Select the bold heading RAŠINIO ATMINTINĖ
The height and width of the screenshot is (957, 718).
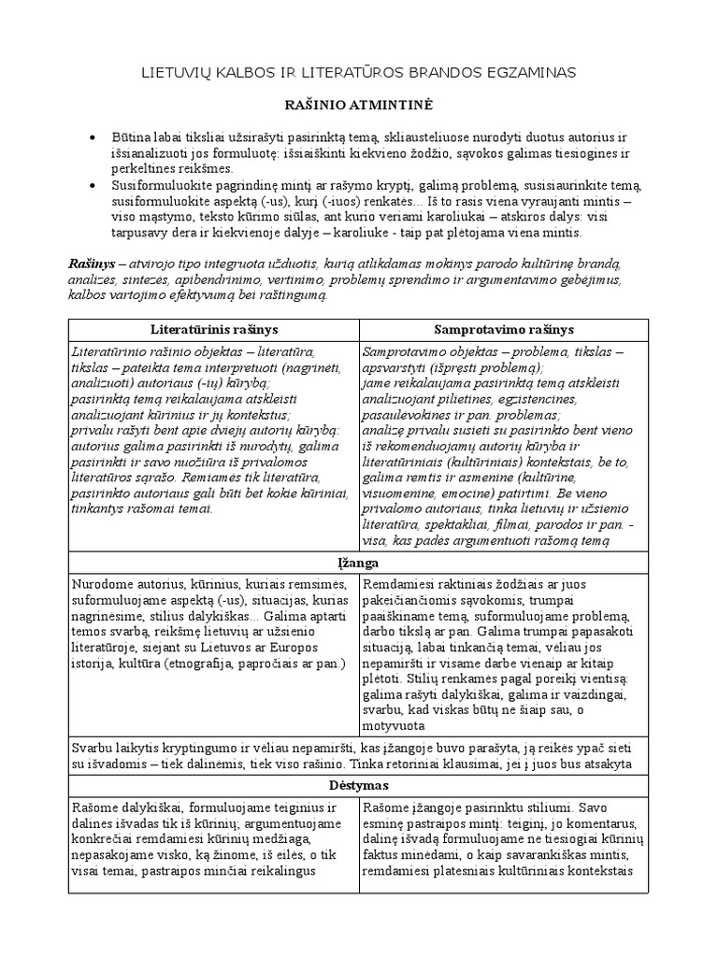click(358, 106)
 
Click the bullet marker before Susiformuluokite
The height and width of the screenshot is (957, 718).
click(91, 186)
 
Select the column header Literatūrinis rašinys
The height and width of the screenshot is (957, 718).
click(214, 331)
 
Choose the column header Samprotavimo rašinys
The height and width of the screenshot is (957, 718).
click(505, 331)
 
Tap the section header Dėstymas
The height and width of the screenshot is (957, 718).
click(359, 784)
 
